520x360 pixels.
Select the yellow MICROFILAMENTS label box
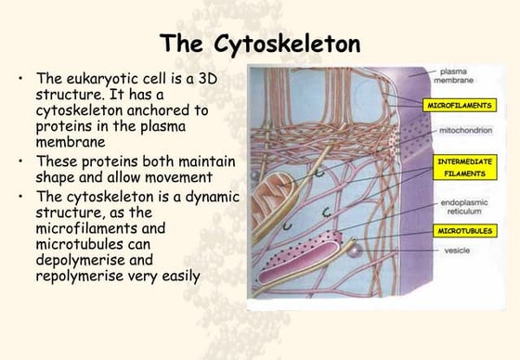pos(459,107)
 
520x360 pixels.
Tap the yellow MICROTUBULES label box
pos(459,229)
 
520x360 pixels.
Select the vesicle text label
pos(445,249)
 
